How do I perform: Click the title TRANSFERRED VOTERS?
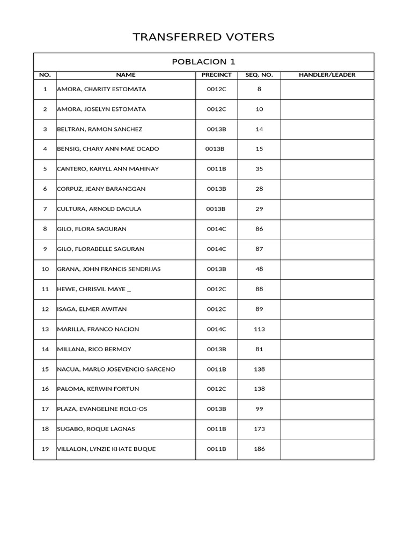(203, 37)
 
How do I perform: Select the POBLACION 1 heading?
(203, 62)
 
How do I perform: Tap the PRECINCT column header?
(216, 75)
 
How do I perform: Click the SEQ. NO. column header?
(259, 75)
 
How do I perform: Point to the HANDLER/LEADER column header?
(327, 75)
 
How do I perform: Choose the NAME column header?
(126, 75)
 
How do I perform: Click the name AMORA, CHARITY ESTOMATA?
(101, 89)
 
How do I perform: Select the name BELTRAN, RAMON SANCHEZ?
(100, 129)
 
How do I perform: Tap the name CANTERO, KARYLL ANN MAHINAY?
(108, 169)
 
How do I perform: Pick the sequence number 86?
(259, 229)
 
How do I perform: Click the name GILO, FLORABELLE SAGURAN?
(100, 249)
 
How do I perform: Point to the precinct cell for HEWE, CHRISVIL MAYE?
(216, 290)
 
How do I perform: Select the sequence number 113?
(259, 329)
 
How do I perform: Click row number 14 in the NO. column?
(45, 350)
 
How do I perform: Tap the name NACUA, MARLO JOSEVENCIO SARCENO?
(116, 369)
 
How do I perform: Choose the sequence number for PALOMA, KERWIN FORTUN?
(259, 389)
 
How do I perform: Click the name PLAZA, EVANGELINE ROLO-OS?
(102, 409)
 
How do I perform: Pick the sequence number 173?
(259, 429)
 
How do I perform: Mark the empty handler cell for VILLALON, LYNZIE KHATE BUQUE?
(327, 449)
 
